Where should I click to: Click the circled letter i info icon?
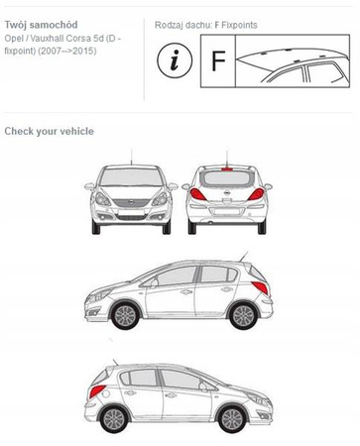pos(175,60)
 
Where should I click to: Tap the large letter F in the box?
pos(218,61)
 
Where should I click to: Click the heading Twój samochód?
pos(42,25)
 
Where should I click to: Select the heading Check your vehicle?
pos(50,131)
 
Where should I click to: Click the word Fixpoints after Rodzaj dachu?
pos(239,25)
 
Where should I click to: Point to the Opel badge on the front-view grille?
pos(132,202)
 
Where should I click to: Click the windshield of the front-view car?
pos(131,176)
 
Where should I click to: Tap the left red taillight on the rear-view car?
pos(197,194)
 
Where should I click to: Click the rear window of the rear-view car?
pos(227,178)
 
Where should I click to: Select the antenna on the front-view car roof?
pos(131,157)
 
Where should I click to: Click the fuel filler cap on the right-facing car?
pos(106,393)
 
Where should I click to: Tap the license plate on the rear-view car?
pos(227,211)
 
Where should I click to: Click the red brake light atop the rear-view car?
pos(227,168)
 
